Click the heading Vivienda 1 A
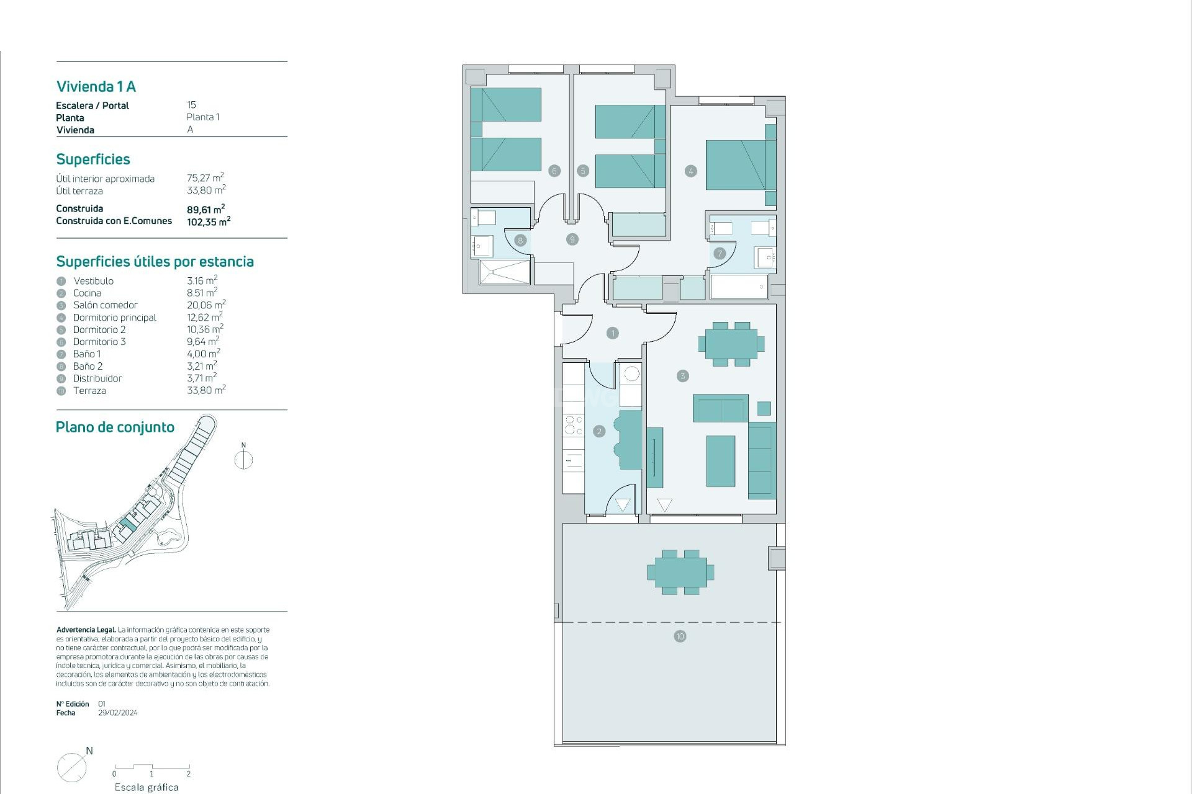96,87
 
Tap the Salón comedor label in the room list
105,305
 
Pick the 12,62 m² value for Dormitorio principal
204,318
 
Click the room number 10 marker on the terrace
680,636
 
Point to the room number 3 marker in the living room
682,376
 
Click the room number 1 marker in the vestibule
612,333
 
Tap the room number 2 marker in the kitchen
598,431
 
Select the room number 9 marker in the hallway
572,239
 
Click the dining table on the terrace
680,572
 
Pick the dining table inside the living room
731,344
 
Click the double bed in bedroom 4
736,165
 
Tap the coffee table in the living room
720,461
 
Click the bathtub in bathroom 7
739,287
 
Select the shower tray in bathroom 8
505,272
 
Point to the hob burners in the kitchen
573,425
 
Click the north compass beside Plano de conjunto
243,459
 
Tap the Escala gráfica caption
147,787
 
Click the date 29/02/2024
118,713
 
